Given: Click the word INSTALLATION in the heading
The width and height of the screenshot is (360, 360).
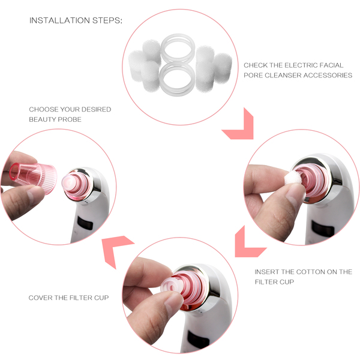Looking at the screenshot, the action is pos(59,20).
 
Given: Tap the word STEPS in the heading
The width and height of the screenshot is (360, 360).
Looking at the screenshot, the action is pos(106,20).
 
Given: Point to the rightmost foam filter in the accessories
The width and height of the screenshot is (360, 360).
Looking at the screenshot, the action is pos(223,68).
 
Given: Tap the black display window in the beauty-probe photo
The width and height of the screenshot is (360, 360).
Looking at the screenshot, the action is pos(85,223).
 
